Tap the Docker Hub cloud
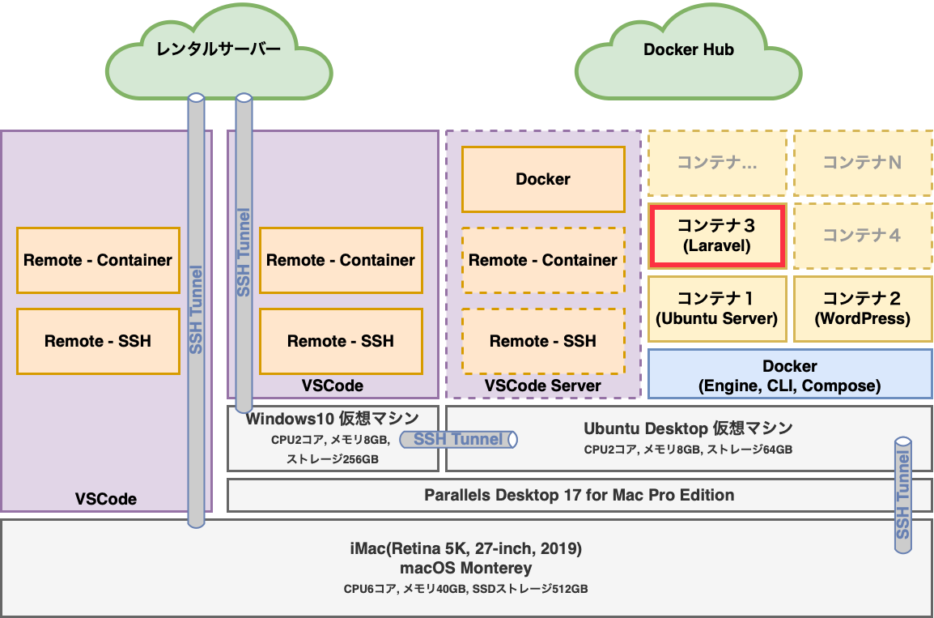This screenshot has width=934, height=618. [x=688, y=50]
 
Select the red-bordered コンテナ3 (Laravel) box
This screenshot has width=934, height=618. [x=716, y=236]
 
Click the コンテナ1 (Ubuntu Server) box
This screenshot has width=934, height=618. [x=716, y=309]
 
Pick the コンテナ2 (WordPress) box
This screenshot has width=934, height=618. [x=862, y=309]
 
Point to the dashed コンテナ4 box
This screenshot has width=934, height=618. [x=862, y=236]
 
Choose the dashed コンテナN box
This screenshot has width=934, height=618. [x=862, y=163]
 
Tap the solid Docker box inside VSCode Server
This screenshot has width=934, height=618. [x=543, y=179]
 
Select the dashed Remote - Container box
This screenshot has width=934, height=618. [x=543, y=260]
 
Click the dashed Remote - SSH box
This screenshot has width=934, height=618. [x=543, y=341]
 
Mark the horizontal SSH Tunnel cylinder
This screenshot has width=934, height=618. [x=458, y=439]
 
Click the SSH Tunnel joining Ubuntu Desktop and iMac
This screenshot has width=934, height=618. [x=903, y=496]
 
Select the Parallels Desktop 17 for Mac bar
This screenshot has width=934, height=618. [x=579, y=495]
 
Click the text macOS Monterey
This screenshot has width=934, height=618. [x=465, y=568]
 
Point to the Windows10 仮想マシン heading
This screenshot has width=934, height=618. [x=333, y=419]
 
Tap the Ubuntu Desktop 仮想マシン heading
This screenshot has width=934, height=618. [x=688, y=428]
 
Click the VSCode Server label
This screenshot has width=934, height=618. [x=543, y=386]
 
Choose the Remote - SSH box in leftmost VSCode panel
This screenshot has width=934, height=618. [x=98, y=341]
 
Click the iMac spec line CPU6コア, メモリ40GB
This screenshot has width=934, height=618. [x=465, y=589]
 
